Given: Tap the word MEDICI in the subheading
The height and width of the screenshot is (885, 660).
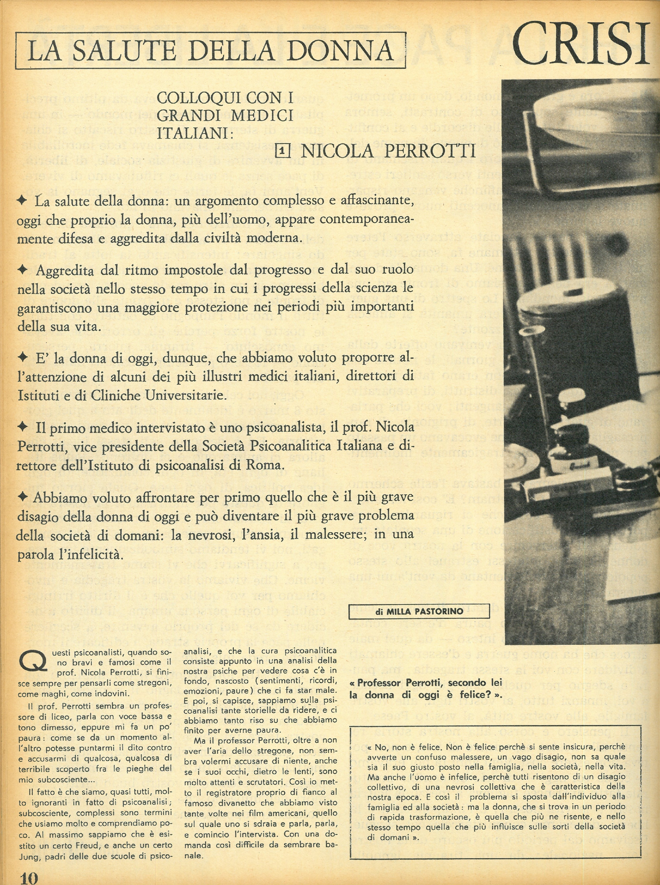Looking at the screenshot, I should tap(262, 116).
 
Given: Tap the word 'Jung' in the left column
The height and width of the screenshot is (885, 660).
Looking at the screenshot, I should tap(29, 856).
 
